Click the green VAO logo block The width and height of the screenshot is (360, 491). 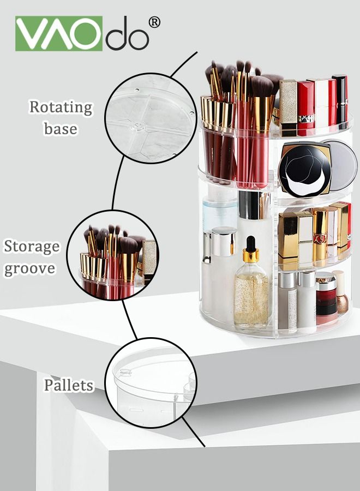click(x=59, y=33)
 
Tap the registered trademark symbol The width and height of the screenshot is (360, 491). click(x=154, y=22)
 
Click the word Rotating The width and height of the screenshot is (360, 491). click(x=61, y=107)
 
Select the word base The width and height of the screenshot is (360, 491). click(x=61, y=128)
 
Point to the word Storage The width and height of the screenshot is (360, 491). click(x=31, y=247)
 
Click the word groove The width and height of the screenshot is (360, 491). click(x=30, y=269)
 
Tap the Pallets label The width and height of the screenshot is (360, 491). click(x=69, y=385)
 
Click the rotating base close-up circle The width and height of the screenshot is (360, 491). click(x=151, y=118)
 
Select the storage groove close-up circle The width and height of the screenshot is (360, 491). click(x=112, y=255)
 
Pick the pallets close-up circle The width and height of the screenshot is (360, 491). click(x=151, y=382)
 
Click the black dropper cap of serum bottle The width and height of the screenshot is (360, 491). click(x=250, y=244)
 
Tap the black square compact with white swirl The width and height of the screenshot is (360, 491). click(x=305, y=170)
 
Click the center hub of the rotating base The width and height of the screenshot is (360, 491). click(x=139, y=126)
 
